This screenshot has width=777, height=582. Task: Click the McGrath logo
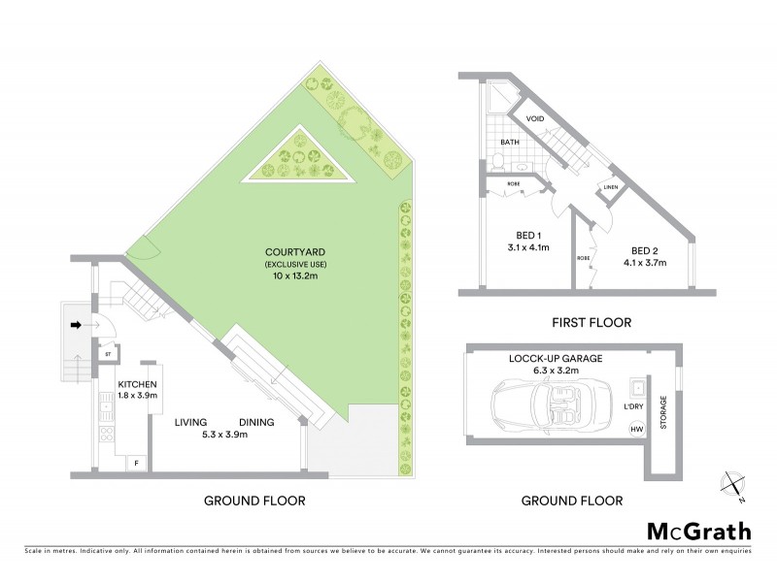coord(698,531)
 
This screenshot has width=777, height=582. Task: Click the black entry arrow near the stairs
coord(76,324)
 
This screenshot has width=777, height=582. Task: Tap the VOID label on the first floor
coord(535,119)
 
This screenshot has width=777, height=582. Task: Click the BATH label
coord(509,142)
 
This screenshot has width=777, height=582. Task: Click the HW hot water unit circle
coord(637,429)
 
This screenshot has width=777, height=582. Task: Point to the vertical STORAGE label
coord(664,411)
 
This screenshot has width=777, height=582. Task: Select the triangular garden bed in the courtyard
coord(300,159)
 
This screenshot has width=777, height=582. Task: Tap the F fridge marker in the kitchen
coord(136,464)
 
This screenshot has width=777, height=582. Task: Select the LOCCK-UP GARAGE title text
coord(556,358)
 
